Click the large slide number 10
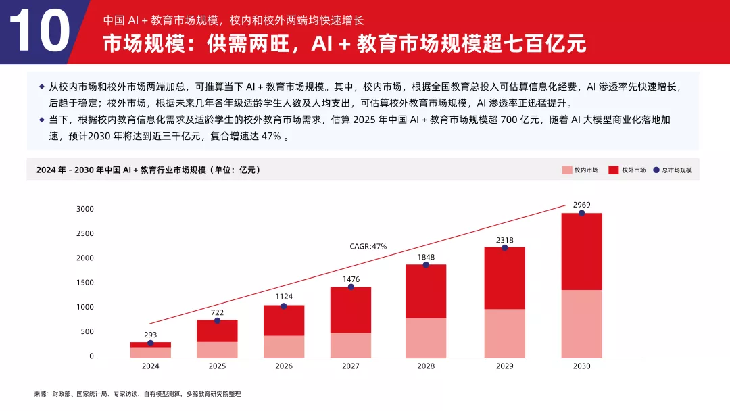(x=39, y=32)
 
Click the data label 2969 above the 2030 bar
(x=581, y=204)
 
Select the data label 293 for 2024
(x=150, y=334)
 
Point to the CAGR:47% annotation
(x=368, y=247)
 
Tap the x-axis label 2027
(x=350, y=366)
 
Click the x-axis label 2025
(x=217, y=366)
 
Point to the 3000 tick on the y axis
(x=84, y=209)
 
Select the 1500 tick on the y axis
(x=84, y=283)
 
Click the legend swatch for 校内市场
(x=566, y=170)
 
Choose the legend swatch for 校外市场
(x=614, y=170)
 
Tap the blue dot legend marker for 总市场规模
(x=656, y=170)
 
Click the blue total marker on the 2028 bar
(x=426, y=264)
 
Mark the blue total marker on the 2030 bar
(x=581, y=213)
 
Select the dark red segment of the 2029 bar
(x=504, y=278)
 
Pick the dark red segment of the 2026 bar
(x=283, y=320)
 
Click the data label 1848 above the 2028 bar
(x=426, y=257)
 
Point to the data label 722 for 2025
(x=217, y=312)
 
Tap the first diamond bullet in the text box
(x=42, y=87)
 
